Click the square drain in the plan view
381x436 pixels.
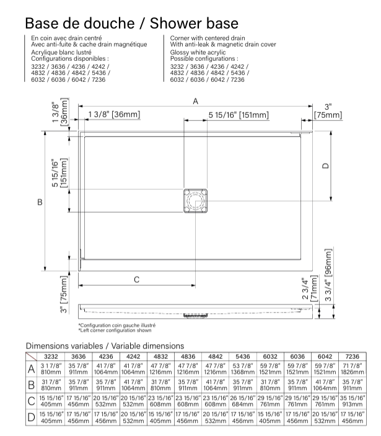tap(196, 202)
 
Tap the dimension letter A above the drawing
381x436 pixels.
tap(196, 102)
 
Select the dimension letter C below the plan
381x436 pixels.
tap(137, 280)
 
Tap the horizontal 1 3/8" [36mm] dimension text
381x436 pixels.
tap(114, 115)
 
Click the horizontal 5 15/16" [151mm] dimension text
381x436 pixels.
tap(239, 115)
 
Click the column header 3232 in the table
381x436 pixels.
tap(51, 356)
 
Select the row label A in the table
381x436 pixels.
tap(30, 369)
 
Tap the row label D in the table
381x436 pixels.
tap(30, 417)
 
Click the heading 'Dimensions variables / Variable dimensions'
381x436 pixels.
tap(105, 345)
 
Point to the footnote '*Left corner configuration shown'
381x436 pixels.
tap(115, 330)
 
